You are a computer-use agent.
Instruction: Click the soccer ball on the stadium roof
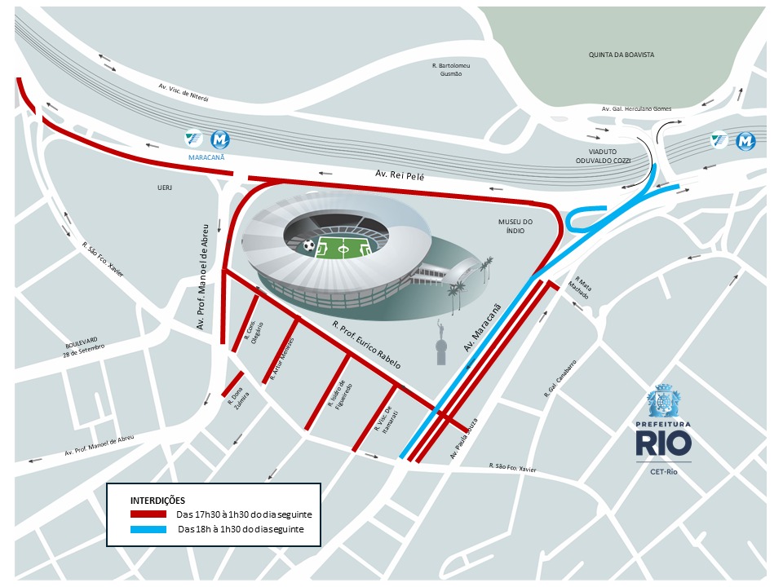[x=309, y=245]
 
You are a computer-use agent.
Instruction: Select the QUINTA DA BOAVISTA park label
[x=622, y=55]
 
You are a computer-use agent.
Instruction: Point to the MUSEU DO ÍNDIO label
[x=515, y=226]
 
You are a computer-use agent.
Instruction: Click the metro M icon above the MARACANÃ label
[x=219, y=139]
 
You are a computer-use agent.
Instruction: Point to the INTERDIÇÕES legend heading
[x=158, y=500]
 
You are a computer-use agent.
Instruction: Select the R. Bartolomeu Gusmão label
[x=451, y=68]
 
